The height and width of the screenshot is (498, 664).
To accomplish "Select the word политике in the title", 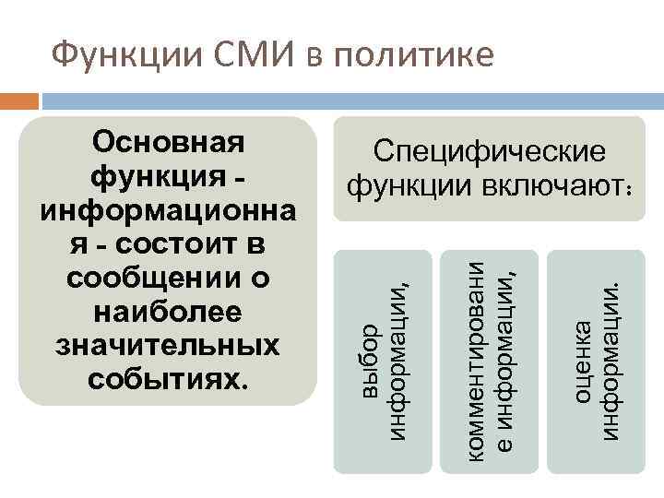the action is click(410, 56).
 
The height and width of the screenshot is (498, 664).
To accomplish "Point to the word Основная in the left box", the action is click(169, 144).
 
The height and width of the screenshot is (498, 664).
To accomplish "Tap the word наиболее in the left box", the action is click(169, 312).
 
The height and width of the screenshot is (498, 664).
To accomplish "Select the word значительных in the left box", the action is click(169, 345).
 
